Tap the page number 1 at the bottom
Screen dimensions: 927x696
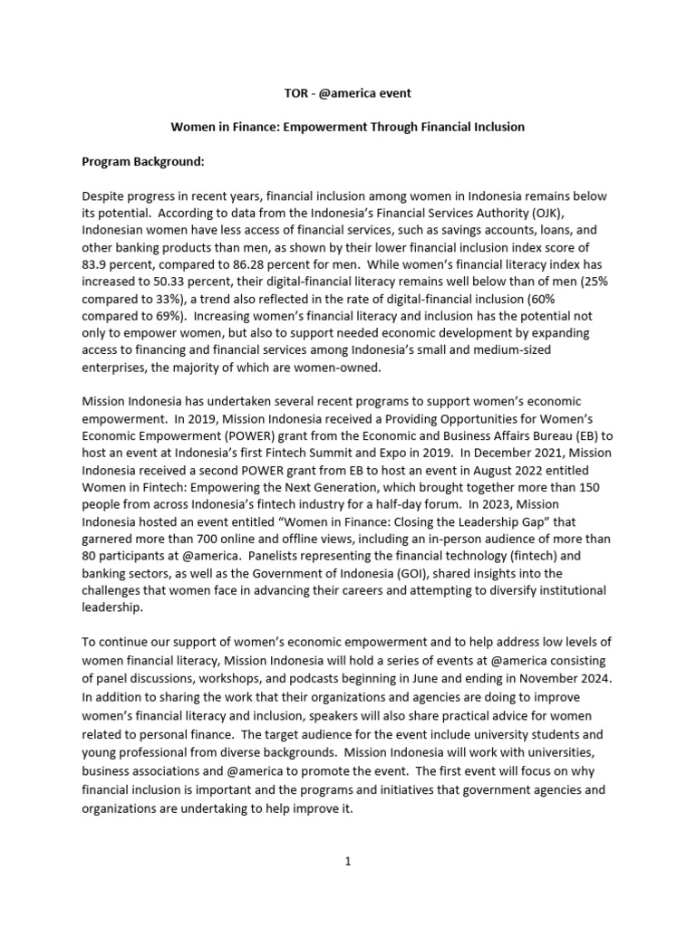(347, 861)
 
